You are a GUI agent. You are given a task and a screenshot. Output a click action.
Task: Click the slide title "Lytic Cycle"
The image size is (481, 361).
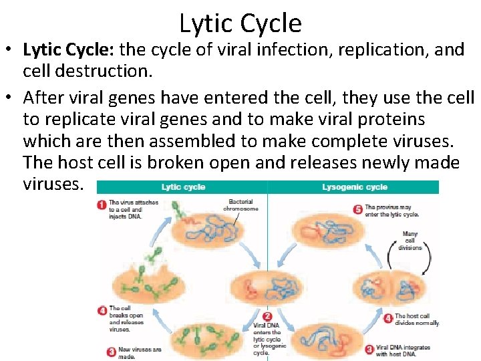[x=240, y=23]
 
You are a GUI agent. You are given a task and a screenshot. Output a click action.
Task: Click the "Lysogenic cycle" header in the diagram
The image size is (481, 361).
[x=354, y=187]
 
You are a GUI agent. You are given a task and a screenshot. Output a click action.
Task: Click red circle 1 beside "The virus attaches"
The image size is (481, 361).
[x=102, y=205]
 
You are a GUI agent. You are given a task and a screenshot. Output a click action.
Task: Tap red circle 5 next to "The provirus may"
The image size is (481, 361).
[x=358, y=209]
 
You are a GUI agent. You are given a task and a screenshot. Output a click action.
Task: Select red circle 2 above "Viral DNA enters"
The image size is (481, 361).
[x=267, y=317]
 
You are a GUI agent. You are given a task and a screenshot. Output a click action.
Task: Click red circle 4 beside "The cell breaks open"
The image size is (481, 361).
[x=102, y=311]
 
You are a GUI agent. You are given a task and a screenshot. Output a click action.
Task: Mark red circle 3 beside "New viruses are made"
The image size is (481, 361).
[x=102, y=351]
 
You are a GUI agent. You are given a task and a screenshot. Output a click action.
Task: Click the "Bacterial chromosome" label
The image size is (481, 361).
[x=240, y=205]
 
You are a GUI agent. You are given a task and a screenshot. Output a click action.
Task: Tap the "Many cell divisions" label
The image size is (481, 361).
[x=410, y=241]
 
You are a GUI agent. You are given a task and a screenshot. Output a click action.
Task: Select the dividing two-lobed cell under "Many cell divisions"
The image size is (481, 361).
[x=389, y=287]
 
